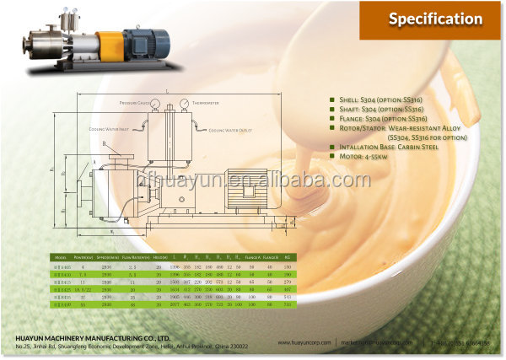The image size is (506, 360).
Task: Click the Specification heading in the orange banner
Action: click(435, 19)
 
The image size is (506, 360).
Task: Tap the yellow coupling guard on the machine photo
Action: click(109, 43)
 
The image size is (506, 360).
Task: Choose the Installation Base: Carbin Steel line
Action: click(385, 148)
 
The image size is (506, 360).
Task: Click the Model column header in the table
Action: click(60, 255)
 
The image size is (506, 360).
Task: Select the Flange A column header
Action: click(250, 255)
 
